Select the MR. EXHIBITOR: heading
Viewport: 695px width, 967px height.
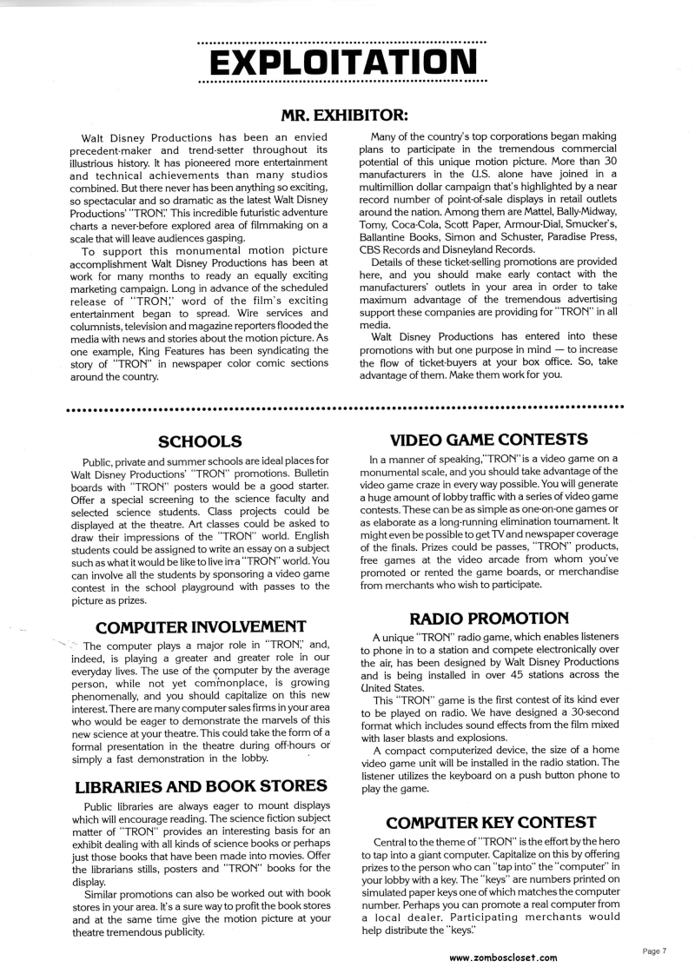tap(345, 115)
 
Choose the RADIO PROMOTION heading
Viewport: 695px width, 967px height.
tap(489, 618)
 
